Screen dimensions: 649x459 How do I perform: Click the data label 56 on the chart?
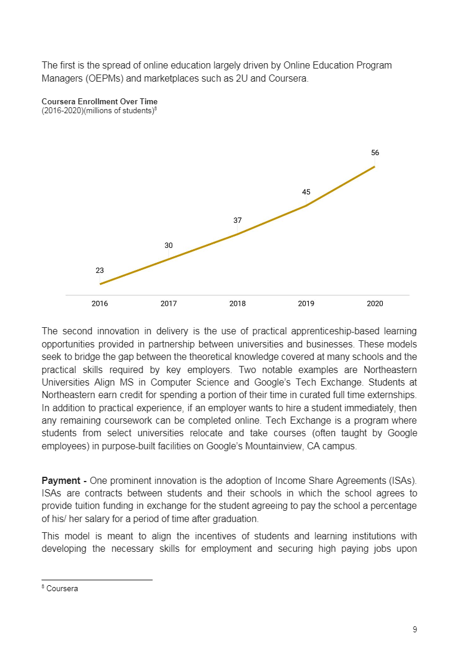point(375,153)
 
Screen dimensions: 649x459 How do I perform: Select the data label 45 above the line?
point(306,192)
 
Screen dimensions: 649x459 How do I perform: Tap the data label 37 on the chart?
point(237,220)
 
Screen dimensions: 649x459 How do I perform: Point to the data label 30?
point(169,245)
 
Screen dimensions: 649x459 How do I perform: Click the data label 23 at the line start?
point(100,270)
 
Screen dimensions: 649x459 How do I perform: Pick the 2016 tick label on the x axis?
point(100,303)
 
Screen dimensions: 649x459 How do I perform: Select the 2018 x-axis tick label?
point(237,303)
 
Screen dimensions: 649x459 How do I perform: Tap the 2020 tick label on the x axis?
point(375,303)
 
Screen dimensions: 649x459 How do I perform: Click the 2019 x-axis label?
point(306,303)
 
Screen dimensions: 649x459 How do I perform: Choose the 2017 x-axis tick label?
point(169,303)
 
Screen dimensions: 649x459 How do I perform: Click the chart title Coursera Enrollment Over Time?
point(100,102)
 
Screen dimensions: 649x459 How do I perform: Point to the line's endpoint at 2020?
point(375,166)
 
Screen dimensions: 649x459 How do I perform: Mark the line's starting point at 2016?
point(100,284)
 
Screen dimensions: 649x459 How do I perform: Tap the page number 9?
point(414,629)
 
